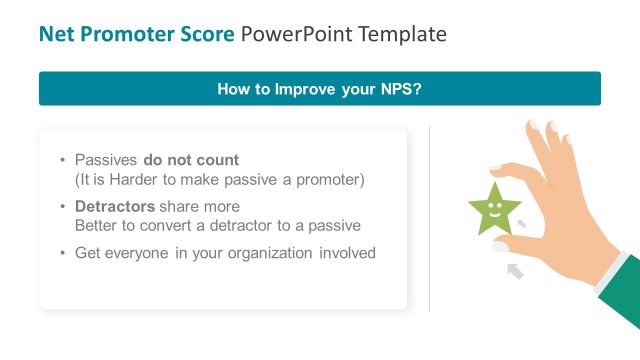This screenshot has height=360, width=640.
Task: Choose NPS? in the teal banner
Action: [x=400, y=89]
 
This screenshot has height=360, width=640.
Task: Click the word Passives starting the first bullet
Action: [x=107, y=160]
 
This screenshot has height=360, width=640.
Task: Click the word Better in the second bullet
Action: [x=97, y=225]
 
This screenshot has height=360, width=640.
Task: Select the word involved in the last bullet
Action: [x=348, y=253]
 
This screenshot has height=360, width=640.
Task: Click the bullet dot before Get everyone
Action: [x=63, y=253]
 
